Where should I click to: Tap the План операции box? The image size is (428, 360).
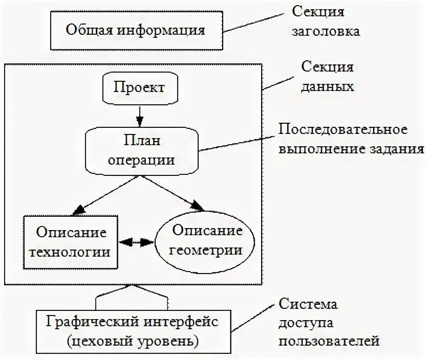[142, 149]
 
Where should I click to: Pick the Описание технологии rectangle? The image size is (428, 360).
[71, 242]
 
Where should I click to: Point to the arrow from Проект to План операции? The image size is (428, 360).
[139, 115]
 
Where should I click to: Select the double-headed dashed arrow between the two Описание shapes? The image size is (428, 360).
[137, 241]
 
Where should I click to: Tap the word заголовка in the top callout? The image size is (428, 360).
[326, 31]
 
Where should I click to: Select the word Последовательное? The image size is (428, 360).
[343, 129]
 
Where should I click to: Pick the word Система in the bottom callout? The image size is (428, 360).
[308, 305]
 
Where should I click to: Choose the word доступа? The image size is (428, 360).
[305, 323]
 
